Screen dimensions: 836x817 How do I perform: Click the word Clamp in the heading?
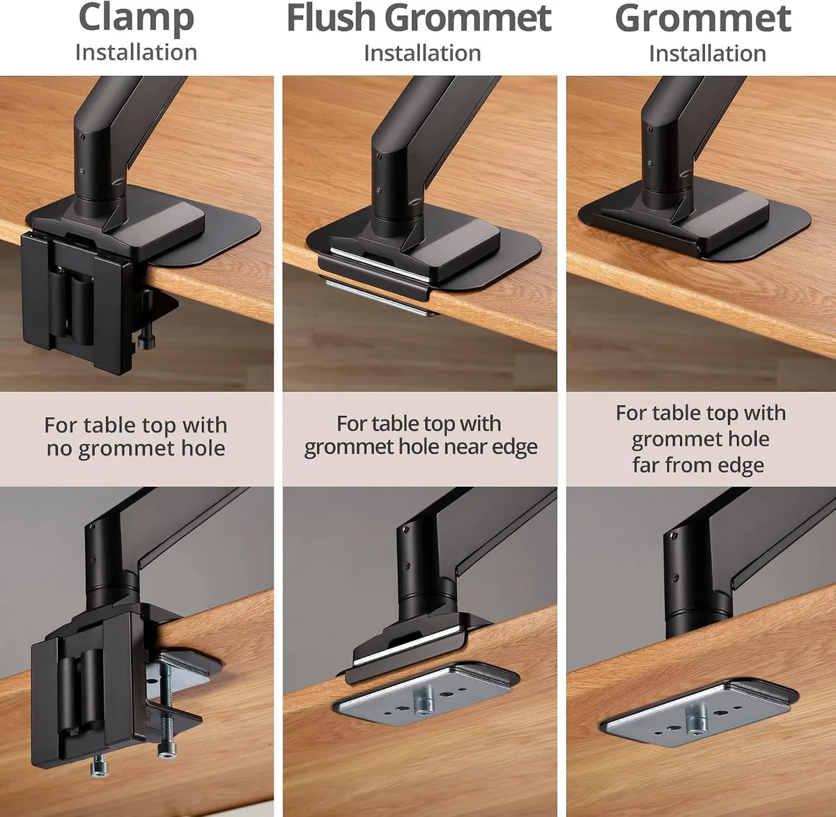pyautogui.click(x=136, y=19)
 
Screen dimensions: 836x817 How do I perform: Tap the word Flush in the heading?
pyautogui.click(x=331, y=18)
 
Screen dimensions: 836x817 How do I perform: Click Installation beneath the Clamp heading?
pyautogui.click(x=136, y=53)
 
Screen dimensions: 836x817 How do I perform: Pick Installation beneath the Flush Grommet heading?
pyautogui.click(x=422, y=54)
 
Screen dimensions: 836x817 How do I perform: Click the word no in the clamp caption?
pyautogui.click(x=59, y=449)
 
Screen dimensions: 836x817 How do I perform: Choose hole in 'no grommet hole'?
pyautogui.click(x=203, y=449)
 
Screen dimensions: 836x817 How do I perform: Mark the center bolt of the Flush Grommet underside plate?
pyautogui.click(x=423, y=700)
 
